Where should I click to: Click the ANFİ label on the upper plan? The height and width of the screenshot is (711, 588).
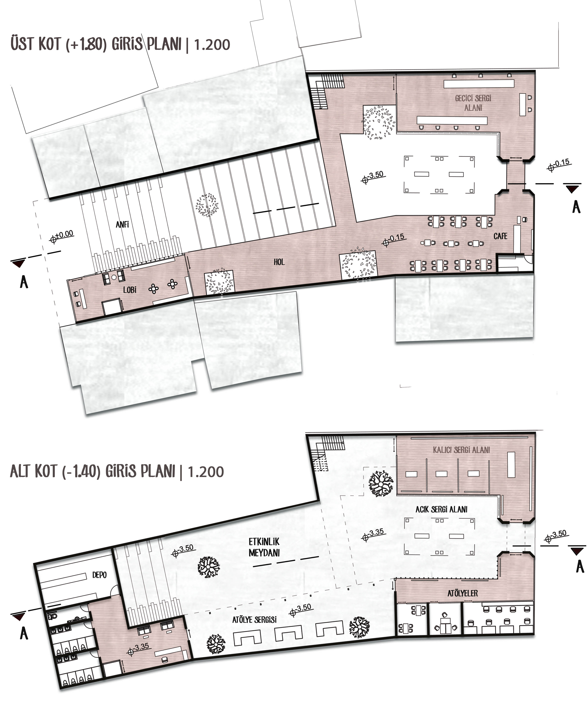tap(122, 224)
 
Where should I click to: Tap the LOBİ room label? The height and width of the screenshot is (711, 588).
tap(130, 290)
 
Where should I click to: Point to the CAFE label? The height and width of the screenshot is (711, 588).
tap(500, 236)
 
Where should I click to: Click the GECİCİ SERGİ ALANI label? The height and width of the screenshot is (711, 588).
tap(473, 103)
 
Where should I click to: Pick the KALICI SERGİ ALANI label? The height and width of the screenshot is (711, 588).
tap(461, 450)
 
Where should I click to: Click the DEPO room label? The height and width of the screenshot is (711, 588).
tap(99, 575)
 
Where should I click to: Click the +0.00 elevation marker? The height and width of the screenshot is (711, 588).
tap(62, 236)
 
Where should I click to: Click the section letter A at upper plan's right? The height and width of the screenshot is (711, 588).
tap(576, 207)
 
